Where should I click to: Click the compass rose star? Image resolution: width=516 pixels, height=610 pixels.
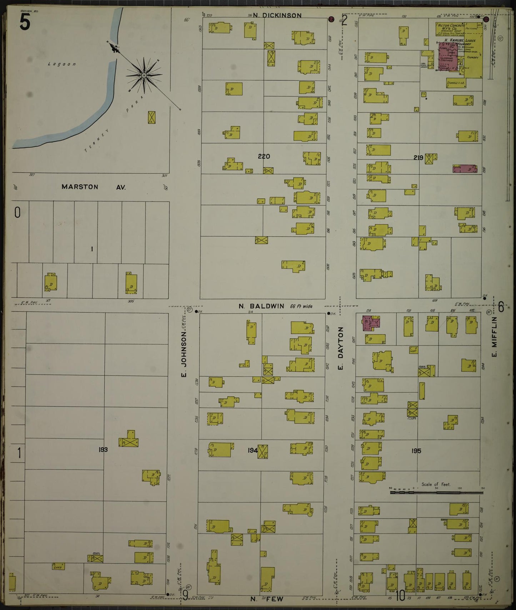tap(144, 75)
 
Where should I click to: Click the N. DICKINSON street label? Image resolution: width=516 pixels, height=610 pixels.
tap(277, 15)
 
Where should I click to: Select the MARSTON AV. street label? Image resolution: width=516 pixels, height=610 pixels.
tap(94, 187)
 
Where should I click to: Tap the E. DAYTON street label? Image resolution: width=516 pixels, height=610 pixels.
tap(340, 348)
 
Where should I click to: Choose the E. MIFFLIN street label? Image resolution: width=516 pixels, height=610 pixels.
tap(495, 336)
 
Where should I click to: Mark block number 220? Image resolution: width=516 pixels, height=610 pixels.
tap(264, 156)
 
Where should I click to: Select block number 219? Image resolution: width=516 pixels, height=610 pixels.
tap(418, 157)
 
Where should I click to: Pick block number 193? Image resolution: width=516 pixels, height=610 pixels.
tap(103, 450)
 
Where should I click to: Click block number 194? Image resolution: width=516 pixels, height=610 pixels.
tap(252, 450)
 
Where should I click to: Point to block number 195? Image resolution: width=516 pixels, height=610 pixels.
tap(416, 451)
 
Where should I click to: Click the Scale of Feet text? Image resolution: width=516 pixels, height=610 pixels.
tap(436, 484)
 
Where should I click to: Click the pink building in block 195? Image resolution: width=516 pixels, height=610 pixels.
tap(372, 323)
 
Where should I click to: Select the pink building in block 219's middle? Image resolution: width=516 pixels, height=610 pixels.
tap(465, 169)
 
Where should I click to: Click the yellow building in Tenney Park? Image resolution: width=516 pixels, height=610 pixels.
tap(152, 117)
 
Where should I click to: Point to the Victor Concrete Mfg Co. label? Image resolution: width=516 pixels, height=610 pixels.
tap(450, 27)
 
